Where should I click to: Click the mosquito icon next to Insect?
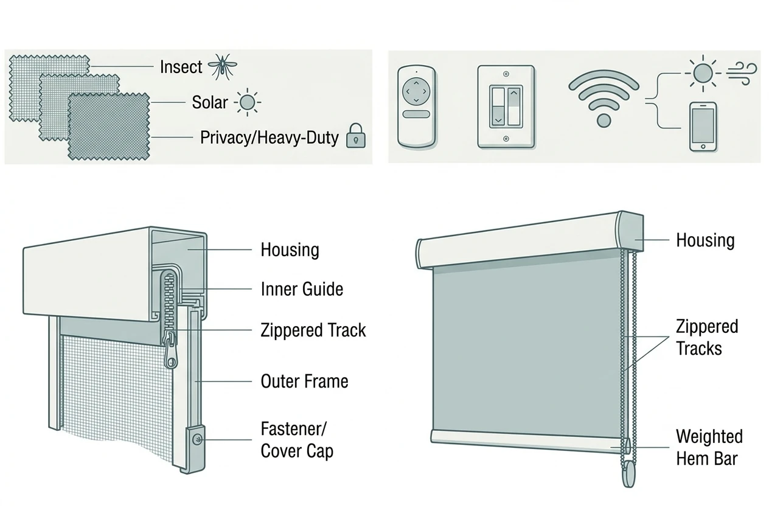click(223, 66)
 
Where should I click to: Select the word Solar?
click(210, 102)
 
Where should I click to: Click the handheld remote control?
click(416, 107)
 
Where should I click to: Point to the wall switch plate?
click(506, 107)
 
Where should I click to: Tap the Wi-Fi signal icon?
click(604, 99)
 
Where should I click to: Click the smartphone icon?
click(703, 127)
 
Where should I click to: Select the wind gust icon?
click(742, 73)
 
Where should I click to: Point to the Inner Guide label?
click(302, 289)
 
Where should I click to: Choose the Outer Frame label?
click(304, 382)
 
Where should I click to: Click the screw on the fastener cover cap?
click(197, 439)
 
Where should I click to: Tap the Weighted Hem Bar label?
click(709, 448)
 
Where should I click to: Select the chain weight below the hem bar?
click(629, 474)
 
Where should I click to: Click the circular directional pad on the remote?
click(416, 91)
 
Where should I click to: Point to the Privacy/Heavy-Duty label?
click(270, 138)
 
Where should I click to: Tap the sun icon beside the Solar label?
click(247, 102)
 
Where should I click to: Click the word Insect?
click(181, 67)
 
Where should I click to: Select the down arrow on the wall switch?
click(498, 120)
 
